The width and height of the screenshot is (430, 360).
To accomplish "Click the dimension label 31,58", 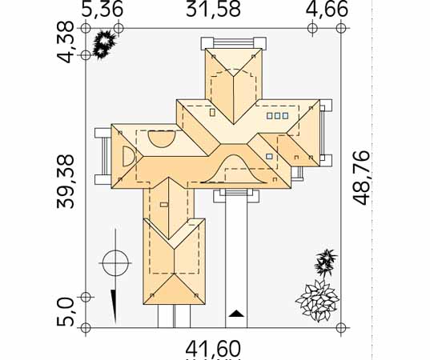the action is pyautogui.click(x=213, y=9).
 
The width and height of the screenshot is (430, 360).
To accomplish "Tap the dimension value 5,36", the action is pyautogui.click(x=102, y=10).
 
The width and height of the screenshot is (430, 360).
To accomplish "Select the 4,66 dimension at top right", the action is pyautogui.click(x=327, y=10).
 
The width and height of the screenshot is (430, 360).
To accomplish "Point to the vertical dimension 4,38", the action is pyautogui.click(x=66, y=42).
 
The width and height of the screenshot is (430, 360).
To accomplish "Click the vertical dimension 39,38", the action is pyautogui.click(x=66, y=182).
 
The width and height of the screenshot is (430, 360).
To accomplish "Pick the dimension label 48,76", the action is pyautogui.click(x=361, y=178).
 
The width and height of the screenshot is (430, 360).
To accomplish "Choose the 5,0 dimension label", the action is pyautogui.click(x=66, y=312).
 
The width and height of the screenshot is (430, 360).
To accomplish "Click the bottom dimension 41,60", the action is pyautogui.click(x=213, y=349).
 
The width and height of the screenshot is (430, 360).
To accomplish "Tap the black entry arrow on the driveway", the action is pyautogui.click(x=236, y=314).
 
